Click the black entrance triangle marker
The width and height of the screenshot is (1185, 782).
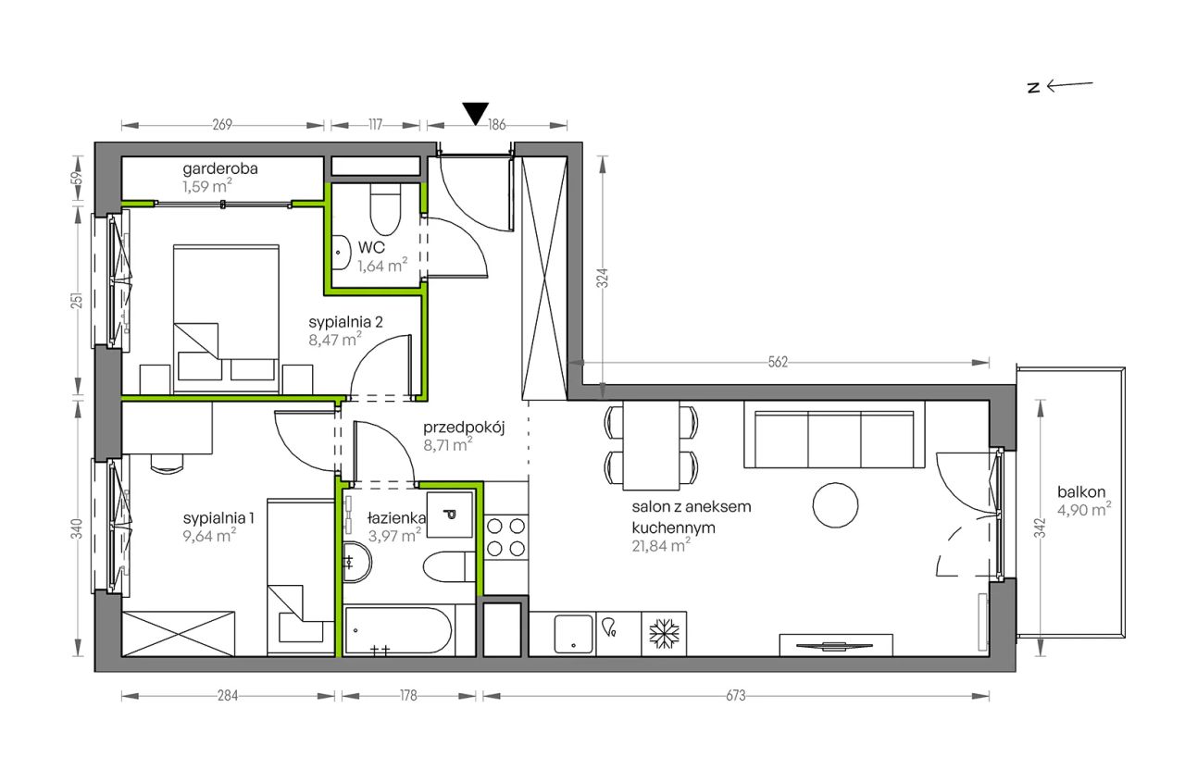[x=476, y=113]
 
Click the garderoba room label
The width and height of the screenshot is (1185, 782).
[x=220, y=169]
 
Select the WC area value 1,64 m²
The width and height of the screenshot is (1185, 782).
[x=382, y=265]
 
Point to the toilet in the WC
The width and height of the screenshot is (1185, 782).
[x=385, y=210]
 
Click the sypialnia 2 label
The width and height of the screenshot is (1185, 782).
[x=345, y=321]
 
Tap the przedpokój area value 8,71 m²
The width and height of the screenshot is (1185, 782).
[x=447, y=444]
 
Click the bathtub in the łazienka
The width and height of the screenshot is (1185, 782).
[x=398, y=630]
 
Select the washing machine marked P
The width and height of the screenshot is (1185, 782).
[x=450, y=515]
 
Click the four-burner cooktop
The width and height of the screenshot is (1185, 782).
[x=505, y=538]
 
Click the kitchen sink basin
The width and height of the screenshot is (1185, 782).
[x=573, y=634]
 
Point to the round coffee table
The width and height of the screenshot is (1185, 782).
[x=835, y=505]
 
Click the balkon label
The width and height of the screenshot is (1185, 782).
[x=1081, y=491]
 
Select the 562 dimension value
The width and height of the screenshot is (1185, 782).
[x=778, y=362]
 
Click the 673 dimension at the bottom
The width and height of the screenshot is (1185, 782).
[x=736, y=695]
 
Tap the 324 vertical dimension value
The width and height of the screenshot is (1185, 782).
[x=602, y=279]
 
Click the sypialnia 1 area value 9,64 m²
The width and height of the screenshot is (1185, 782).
[x=209, y=536]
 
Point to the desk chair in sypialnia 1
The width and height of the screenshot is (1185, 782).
[x=167, y=464]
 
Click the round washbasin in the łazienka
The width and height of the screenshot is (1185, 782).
[x=357, y=562]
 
